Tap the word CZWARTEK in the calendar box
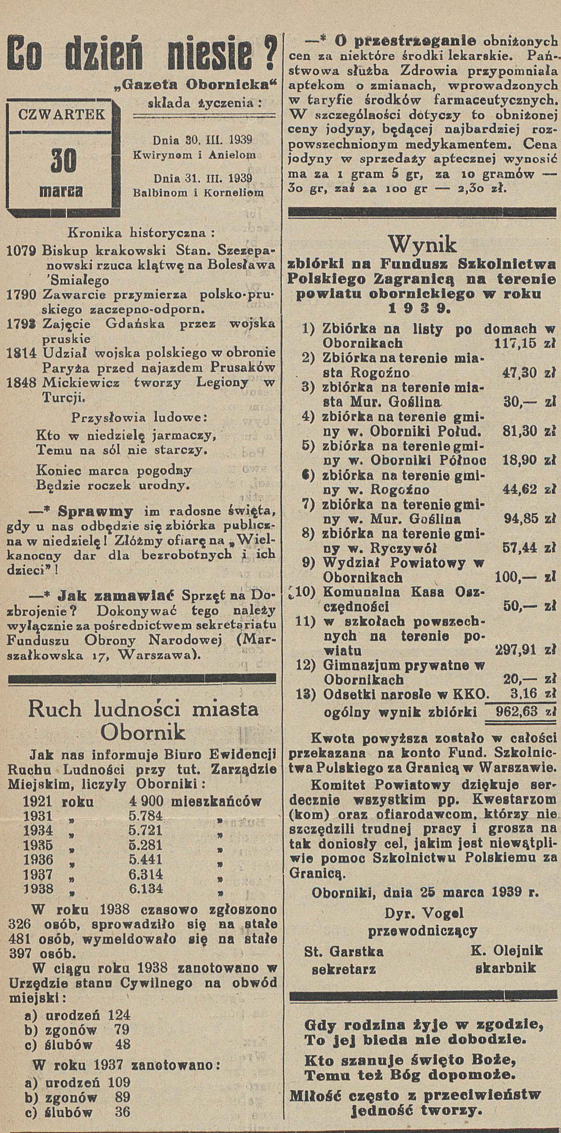pos(61,115)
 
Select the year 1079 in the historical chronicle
pos(22,250)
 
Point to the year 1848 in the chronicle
pos(22,384)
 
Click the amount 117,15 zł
pos(523,343)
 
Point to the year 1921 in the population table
pos(38,801)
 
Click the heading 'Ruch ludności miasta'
pos(143,710)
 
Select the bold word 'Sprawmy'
pos(96,512)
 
